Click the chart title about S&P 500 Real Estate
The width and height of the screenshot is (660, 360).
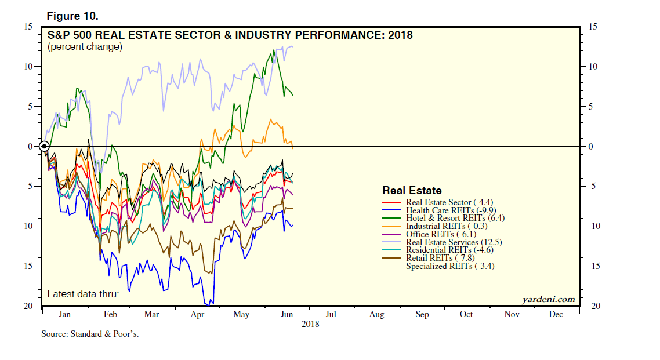pos(230,35)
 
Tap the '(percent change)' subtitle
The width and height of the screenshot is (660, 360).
pos(85,47)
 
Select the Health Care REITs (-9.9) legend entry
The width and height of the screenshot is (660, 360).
pos(451,210)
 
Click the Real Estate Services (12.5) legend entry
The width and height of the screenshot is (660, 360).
pos(454,242)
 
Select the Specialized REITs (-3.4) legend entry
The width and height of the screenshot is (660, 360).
pos(450,266)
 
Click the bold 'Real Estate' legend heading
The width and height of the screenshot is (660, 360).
pos(412,191)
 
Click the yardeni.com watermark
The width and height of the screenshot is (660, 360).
pos(549,299)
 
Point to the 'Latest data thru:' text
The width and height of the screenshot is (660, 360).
pos(84,294)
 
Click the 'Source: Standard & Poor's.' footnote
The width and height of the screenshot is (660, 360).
pos(90,334)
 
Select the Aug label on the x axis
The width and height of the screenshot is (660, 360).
pos(376,314)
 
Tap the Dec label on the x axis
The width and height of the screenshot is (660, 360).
pos(555,314)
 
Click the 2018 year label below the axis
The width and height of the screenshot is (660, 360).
pos(310,324)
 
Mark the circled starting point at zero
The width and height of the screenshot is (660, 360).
pos(44,146)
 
